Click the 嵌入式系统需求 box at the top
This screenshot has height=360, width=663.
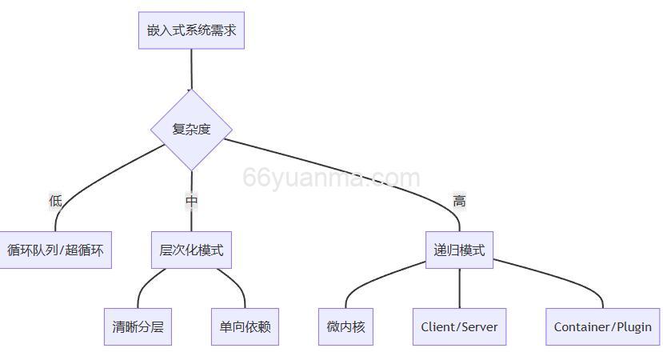[191, 30]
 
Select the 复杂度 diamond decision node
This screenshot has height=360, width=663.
[191, 130]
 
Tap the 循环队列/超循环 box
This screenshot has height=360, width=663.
[55, 250]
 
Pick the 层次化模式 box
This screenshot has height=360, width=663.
[191, 250]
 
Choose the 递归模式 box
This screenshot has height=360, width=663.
[459, 250]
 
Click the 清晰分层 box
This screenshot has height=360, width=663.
[138, 326]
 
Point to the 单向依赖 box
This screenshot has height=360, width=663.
[245, 326]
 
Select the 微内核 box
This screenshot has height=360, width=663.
[345, 326]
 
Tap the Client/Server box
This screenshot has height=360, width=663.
[459, 326]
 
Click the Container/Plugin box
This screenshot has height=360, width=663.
[603, 326]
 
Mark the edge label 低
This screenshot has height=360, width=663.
[55, 201]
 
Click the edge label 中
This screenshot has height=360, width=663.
[191, 201]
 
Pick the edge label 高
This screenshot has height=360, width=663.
[459, 201]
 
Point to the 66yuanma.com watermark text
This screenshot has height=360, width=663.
[331, 178]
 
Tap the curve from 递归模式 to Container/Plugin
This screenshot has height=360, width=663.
[560, 276]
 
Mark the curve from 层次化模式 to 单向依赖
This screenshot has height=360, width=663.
[234, 282]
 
